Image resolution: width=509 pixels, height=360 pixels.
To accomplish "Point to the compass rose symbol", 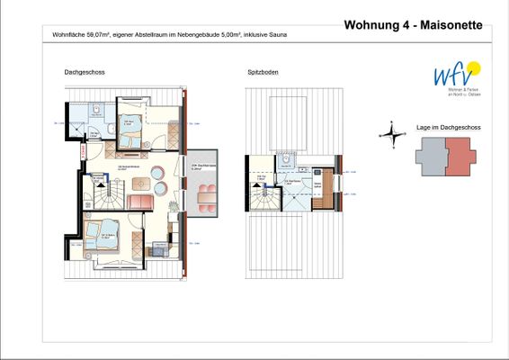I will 391,134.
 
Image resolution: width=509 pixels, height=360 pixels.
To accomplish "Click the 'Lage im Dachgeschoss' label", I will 448,128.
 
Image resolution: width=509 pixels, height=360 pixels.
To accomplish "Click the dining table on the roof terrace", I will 206,195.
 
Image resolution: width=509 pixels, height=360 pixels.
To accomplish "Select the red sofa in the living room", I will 140,201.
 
